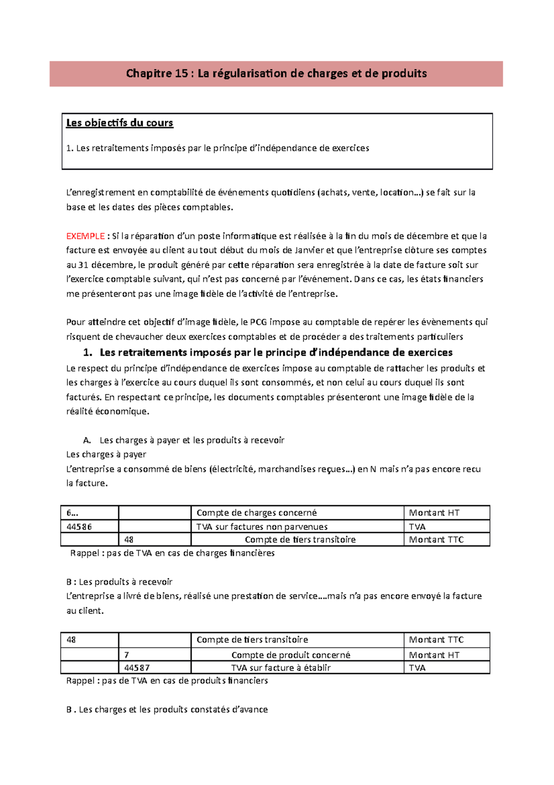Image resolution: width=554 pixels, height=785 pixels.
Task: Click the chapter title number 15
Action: click(x=181, y=74)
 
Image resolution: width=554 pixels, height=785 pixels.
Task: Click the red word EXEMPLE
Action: click(x=85, y=236)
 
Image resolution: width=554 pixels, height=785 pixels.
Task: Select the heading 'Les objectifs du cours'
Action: click(x=120, y=123)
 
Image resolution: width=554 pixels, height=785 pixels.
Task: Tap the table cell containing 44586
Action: click(x=79, y=527)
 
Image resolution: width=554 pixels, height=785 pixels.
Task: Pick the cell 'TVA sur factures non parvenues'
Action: click(x=262, y=527)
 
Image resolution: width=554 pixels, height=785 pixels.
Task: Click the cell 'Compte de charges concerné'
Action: click(x=257, y=513)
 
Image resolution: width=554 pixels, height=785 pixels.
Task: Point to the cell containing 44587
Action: click(x=137, y=668)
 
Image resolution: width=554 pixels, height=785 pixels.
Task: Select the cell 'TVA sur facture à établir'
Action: click(x=281, y=668)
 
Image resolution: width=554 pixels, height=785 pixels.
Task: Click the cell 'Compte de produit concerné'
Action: click(x=290, y=655)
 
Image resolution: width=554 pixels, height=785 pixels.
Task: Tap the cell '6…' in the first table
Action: click(x=72, y=513)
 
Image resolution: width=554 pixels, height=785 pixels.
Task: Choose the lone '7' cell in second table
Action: click(x=126, y=655)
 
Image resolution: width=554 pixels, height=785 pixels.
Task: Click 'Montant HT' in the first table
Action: click(x=434, y=513)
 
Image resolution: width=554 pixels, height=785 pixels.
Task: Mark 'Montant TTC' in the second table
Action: click(x=436, y=640)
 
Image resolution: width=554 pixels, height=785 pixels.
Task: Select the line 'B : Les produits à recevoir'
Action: click(x=119, y=582)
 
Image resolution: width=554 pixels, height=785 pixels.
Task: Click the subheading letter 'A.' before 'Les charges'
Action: click(x=87, y=441)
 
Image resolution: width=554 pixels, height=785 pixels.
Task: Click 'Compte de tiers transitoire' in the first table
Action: click(x=300, y=540)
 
